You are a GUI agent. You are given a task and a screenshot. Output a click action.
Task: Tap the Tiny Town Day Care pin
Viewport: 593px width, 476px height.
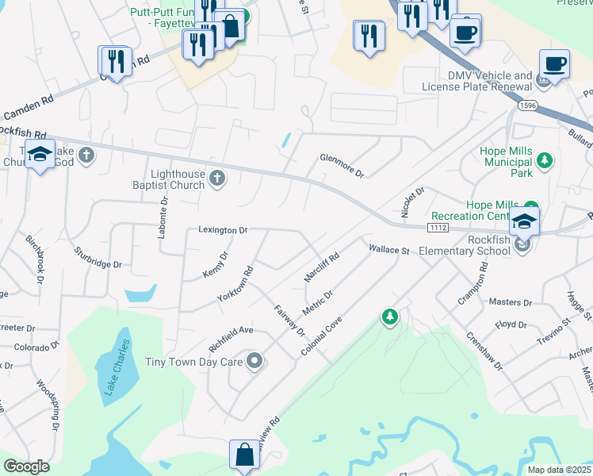pos(254,362)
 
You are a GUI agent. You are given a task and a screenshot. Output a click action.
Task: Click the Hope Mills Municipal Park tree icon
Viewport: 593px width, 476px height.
pos(545,161)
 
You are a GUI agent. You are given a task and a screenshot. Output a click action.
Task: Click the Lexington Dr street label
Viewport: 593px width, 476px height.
pos(223,230)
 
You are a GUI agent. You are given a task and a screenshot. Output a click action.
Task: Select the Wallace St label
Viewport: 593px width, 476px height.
pos(388,250)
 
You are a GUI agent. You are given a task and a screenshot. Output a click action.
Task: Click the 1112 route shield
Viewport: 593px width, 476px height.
pos(438,228)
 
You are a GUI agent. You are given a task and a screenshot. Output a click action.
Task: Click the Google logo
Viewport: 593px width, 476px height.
pos(26,466)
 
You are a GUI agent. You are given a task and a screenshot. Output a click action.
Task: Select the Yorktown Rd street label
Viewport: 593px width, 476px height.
pos(235,283)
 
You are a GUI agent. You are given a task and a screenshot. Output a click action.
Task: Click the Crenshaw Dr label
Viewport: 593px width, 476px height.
pos(484,350)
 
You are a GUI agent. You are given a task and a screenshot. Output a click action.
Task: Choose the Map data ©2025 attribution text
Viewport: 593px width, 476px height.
pos(559,470)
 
